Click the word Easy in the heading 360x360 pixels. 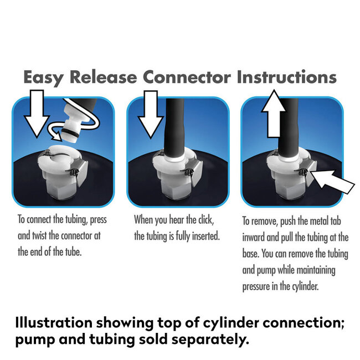tap(43, 78)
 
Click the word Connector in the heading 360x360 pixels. tap(187, 77)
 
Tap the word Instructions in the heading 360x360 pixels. tap(286, 76)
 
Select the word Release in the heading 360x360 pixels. tap(103, 77)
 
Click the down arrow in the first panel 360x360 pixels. tap(37, 114)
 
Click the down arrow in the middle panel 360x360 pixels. tap(151, 114)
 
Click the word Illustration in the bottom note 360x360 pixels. tap(54, 322)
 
